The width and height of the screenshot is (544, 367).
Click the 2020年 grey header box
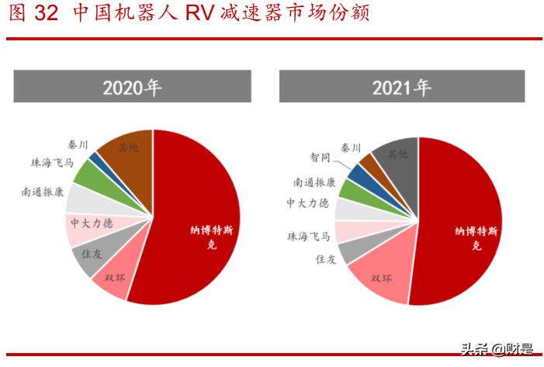tap(132, 86)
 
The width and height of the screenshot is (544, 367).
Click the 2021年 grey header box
tap(401, 86)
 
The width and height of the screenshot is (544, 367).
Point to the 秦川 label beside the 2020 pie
tap(78, 144)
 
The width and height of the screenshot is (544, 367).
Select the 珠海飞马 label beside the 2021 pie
tap(309, 236)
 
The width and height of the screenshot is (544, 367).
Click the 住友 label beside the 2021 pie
tap(326, 259)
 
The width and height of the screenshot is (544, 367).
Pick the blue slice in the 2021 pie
tap(357, 173)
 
